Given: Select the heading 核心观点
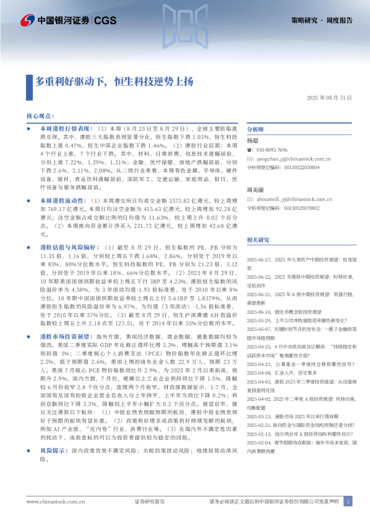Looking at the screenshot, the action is (x=42, y=116).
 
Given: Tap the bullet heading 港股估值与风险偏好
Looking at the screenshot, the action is (x=67, y=248).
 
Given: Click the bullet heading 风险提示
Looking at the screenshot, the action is (x=53, y=467).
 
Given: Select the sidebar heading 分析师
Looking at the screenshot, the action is (x=256, y=129).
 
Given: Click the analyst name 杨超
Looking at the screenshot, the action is (x=252, y=141).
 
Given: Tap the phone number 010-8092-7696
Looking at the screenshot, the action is (x=272, y=150).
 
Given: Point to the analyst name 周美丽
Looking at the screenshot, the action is (x=254, y=189).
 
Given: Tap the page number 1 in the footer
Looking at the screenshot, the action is (x=348, y=501).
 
